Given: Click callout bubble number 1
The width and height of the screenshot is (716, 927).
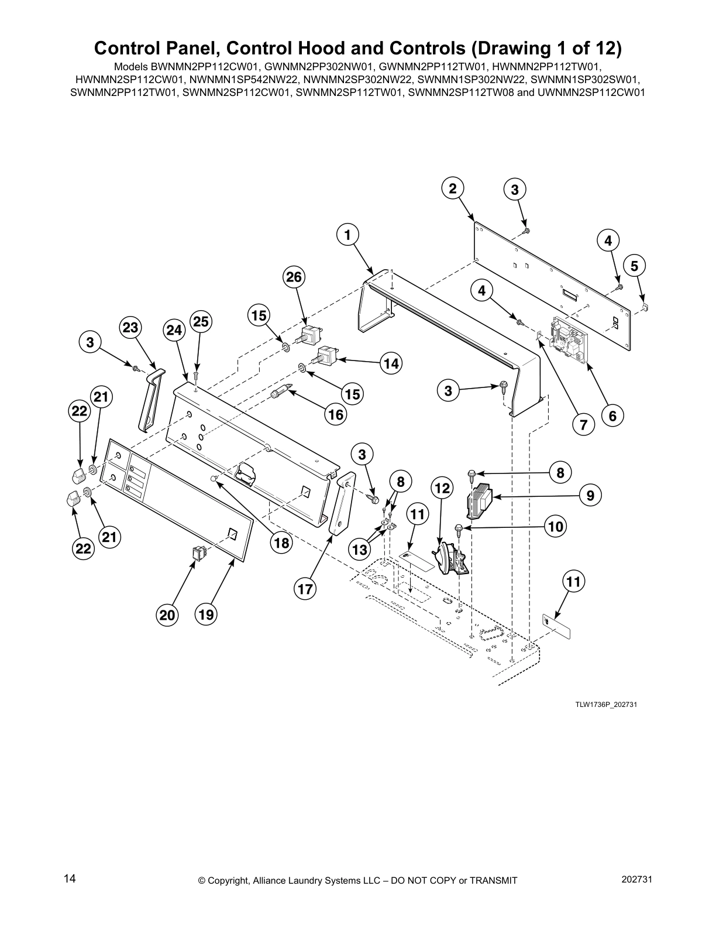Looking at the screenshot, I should point(347,235).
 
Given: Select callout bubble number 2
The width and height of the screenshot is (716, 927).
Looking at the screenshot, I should point(452,188).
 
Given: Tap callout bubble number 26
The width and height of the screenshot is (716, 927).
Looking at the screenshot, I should point(294,276).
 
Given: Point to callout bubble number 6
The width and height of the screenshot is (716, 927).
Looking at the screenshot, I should point(612,416).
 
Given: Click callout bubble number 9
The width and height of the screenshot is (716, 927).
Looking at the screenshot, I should point(591,496).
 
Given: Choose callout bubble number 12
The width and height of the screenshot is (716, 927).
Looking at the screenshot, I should point(442,487).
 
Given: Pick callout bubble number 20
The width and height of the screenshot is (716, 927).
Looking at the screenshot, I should point(168,615).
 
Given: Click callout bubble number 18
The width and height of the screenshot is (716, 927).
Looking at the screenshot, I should point(282,543).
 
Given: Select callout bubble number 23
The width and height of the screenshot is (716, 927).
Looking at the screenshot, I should point(130,328).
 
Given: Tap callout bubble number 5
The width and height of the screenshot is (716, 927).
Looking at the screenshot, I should point(634,266).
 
